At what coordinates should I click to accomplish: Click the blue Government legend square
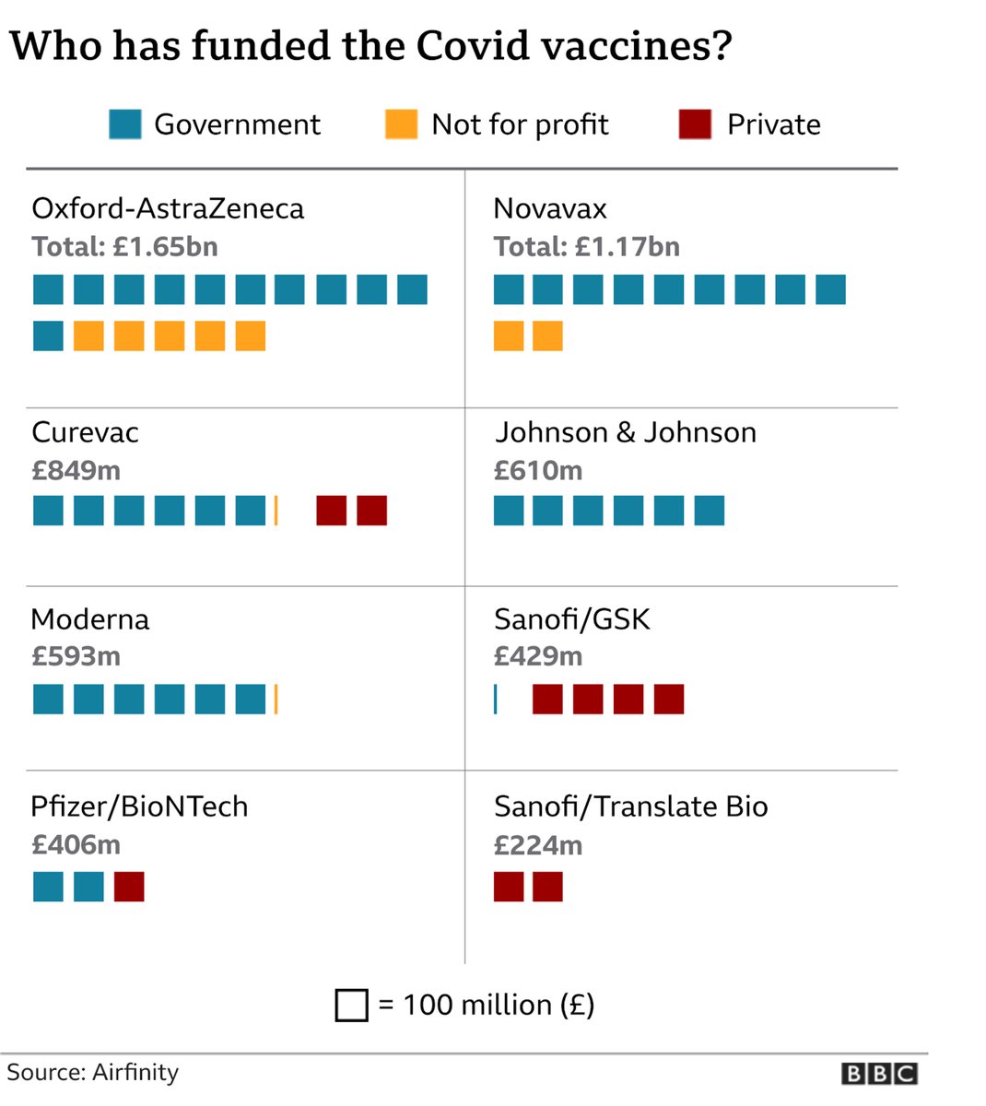point(125,124)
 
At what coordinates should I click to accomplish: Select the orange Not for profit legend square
point(401,124)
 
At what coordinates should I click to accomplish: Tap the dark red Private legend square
point(695,124)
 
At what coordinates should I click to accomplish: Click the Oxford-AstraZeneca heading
point(168,208)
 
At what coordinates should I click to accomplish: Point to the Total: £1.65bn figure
point(124,247)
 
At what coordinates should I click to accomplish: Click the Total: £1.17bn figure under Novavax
point(586,247)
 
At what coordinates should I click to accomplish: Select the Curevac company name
point(85,432)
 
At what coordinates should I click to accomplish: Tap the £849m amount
point(76,471)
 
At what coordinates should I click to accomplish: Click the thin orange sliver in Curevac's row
point(276,511)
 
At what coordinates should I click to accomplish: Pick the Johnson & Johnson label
point(625,432)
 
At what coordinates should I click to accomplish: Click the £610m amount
point(538,471)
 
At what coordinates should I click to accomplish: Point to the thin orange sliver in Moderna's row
point(276,700)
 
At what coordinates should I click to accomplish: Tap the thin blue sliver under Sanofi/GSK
point(496,700)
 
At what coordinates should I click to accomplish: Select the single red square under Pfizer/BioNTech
point(129,887)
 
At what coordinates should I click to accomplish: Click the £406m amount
point(76,844)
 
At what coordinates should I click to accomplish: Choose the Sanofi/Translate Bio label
point(630,806)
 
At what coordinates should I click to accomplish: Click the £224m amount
point(538,845)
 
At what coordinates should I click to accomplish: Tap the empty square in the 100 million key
point(351,1006)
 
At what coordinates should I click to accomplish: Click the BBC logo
point(878,1074)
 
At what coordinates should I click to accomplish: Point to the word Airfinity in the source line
point(135,1073)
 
